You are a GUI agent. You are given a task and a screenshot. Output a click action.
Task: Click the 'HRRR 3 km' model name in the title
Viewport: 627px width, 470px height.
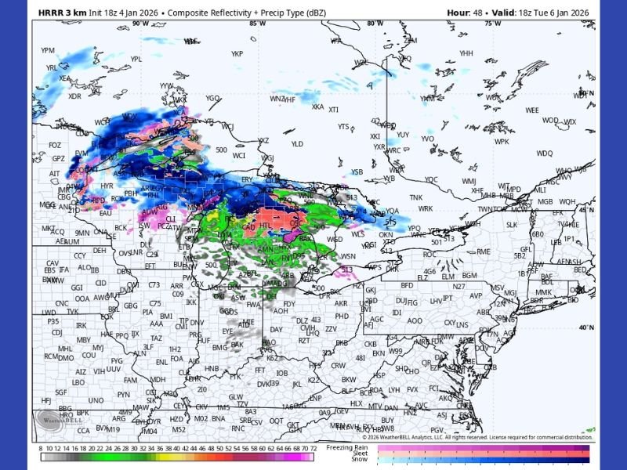coord(59,13)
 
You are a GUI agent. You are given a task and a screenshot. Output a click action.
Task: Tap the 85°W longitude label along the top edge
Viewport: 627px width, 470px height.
coord(256,23)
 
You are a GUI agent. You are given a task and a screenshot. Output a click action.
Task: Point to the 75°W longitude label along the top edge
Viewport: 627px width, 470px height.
coord(492,23)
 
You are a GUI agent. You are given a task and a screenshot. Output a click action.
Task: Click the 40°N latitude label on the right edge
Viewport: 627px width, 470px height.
coord(586,327)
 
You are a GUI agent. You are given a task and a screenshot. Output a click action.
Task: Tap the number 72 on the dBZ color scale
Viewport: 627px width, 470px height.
coord(313,448)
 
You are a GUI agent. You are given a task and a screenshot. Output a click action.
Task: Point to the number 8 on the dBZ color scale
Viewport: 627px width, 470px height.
coord(40,448)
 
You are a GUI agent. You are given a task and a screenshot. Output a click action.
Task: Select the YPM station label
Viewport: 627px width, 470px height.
coord(48,51)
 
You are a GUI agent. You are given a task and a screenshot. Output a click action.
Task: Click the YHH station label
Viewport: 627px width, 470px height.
coord(466,53)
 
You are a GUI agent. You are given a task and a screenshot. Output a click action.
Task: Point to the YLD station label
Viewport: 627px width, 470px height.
coord(297,144)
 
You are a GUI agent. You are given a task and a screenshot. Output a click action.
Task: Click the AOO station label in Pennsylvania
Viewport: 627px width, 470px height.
coord(415,321)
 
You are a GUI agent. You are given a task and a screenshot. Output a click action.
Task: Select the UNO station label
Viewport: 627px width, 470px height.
coord(96,400)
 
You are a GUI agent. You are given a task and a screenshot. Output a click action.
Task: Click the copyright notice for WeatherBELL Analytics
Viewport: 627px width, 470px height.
coord(475,437)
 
